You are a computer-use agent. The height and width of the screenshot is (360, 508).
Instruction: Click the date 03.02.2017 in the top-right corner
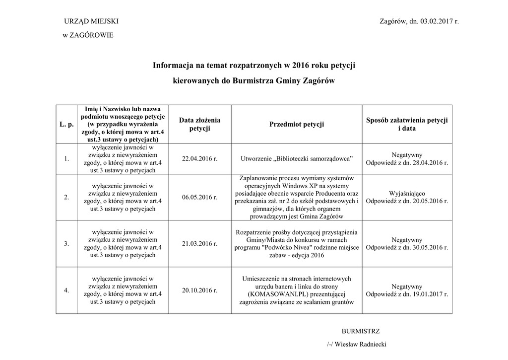pos(437,21)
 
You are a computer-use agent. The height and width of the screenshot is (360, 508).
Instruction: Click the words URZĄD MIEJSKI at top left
pos(91,21)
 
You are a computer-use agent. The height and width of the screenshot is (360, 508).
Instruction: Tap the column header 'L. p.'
pos(66,124)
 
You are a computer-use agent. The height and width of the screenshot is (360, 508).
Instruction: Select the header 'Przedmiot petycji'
pos(297,124)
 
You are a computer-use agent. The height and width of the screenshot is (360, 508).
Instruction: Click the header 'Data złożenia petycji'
pos(200,124)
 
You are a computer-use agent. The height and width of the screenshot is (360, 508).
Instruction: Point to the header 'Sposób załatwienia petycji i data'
pos(407,124)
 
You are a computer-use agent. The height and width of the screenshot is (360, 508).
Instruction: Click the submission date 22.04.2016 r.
pos(200,159)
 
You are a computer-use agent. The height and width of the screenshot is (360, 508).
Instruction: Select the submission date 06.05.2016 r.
pos(200,197)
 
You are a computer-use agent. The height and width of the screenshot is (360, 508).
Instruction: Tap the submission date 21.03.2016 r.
pos(200,244)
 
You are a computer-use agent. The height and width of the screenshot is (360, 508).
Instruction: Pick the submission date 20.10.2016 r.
pos(200,290)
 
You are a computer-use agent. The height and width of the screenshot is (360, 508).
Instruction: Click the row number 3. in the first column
pos(66,244)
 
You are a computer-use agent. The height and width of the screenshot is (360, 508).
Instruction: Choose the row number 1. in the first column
pos(66,159)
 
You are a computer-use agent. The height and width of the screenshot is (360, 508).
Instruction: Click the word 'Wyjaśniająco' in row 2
pos(407,193)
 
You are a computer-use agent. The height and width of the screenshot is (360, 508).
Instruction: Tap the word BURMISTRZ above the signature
pos(361,331)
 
